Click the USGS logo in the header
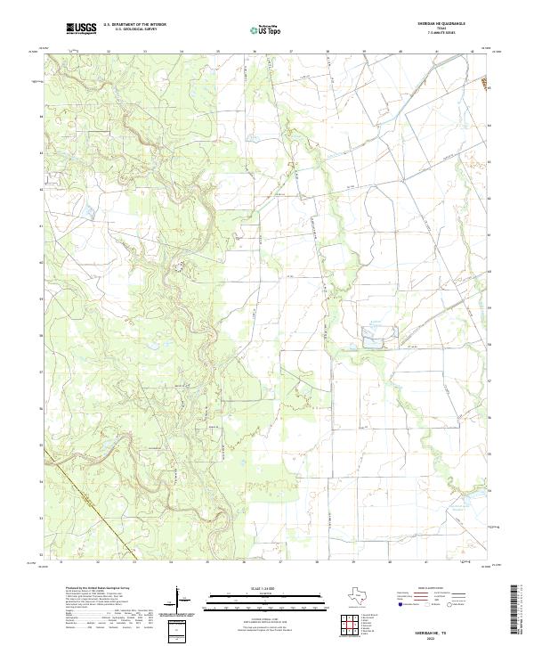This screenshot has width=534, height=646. coord(81,29)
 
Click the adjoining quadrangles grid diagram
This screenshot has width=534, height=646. coord(354,627)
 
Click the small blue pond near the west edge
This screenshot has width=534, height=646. coord(89,211)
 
